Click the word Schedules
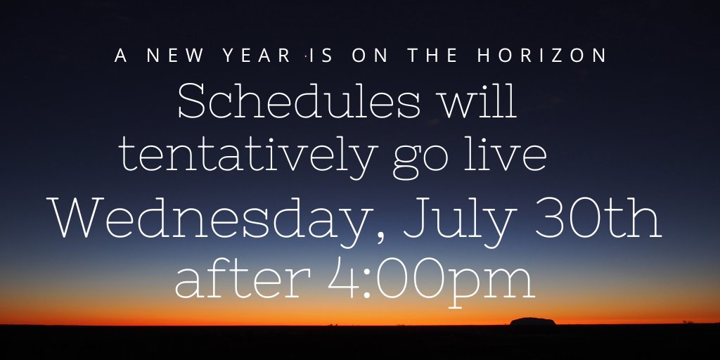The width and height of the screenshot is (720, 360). point(299,103)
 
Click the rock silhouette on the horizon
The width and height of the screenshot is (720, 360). point(532,321)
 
